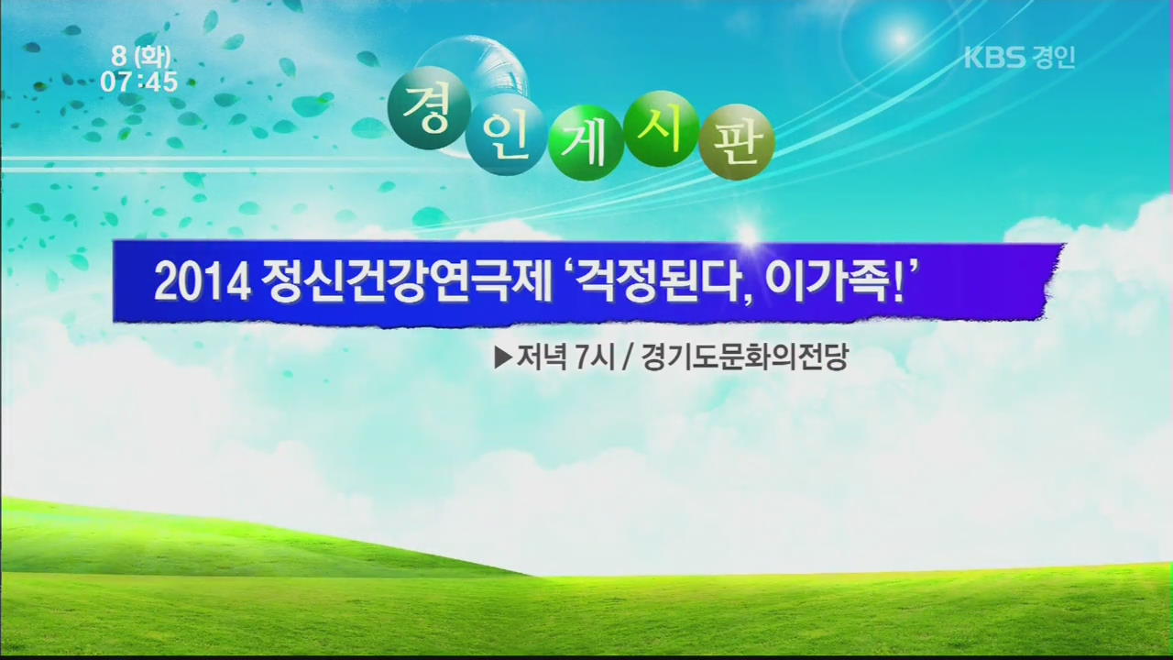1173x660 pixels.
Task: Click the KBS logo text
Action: pos(994,57)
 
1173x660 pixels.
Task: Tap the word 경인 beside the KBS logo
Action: pos(1053,57)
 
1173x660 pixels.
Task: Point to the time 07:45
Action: pos(139,82)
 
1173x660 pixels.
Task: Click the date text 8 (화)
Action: pos(141,56)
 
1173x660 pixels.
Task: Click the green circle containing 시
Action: pos(662,129)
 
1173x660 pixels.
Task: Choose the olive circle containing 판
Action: pos(737,142)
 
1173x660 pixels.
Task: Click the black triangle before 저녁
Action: pos(503,357)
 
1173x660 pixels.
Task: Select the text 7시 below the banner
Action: pos(594,357)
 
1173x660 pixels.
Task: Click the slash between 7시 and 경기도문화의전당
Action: pos(626,357)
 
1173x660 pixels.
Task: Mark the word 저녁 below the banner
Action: pos(542,357)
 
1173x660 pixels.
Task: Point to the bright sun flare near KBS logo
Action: pos(901,38)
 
